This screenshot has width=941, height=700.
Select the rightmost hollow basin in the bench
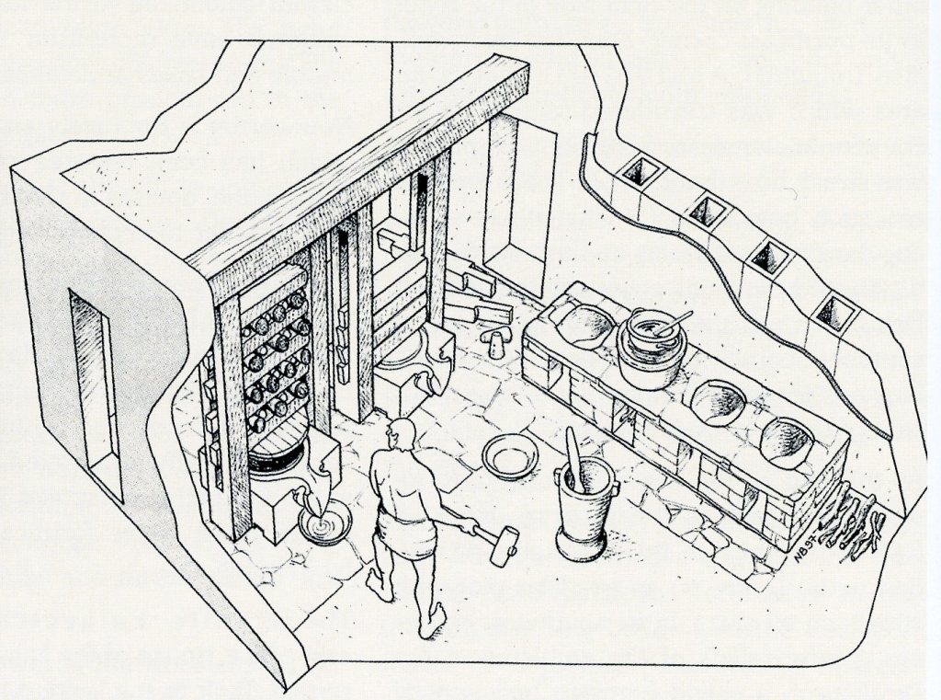(787, 442)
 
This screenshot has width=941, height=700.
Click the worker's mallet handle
(464, 526)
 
